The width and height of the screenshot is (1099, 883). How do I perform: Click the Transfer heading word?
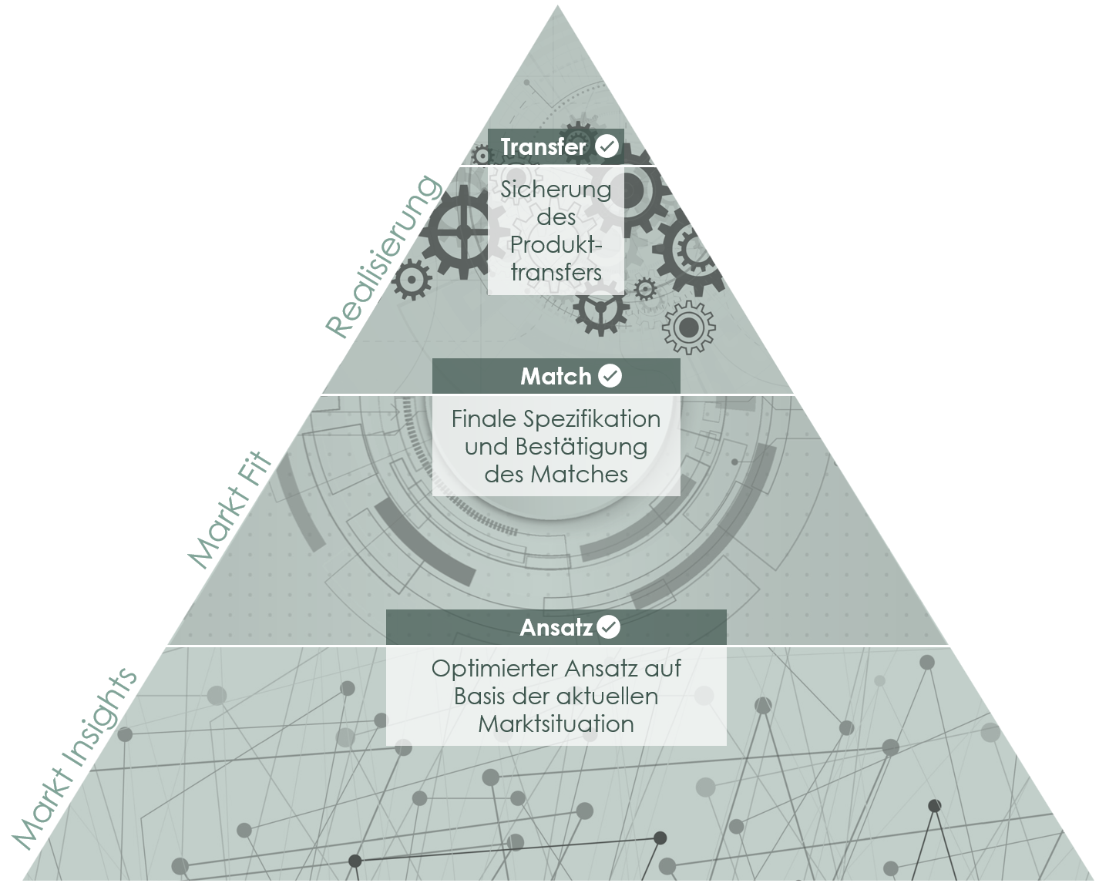(x=543, y=147)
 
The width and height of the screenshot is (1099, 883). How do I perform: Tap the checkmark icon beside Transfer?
(x=607, y=146)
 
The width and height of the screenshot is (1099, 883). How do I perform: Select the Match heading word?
(x=556, y=377)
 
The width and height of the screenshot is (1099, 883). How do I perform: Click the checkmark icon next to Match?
(x=610, y=376)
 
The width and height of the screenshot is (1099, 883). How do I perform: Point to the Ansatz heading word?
(x=556, y=628)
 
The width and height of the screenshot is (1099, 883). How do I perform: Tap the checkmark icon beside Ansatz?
(x=609, y=626)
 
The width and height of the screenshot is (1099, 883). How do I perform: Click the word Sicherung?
(x=556, y=190)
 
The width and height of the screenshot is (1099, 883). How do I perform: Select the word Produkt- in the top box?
(x=556, y=244)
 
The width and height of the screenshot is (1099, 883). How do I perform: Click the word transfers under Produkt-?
(x=556, y=272)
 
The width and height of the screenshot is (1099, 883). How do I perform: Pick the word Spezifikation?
(x=592, y=420)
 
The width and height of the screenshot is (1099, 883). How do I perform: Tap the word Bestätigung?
(x=582, y=448)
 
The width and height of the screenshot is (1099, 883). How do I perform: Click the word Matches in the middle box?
(x=579, y=475)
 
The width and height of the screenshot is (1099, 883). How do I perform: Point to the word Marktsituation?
(x=556, y=724)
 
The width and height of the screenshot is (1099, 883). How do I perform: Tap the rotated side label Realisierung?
(x=384, y=257)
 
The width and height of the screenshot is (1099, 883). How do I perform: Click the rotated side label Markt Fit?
(x=230, y=509)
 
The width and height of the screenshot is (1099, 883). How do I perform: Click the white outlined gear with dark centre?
(x=688, y=327)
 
